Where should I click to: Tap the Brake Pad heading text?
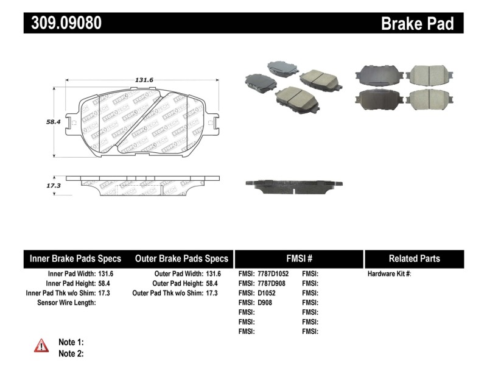click(x=417, y=23)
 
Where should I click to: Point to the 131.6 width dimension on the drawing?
click(x=144, y=79)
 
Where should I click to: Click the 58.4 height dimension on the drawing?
click(x=54, y=122)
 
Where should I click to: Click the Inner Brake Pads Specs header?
click(x=75, y=258)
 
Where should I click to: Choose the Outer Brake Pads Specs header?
click(x=181, y=258)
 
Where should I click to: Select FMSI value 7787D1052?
click(x=273, y=274)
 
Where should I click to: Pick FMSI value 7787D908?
click(x=270, y=284)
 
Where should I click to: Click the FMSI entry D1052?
click(x=267, y=293)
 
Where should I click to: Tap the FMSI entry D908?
click(x=264, y=303)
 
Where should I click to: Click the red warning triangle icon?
click(x=41, y=346)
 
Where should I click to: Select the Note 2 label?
click(x=71, y=353)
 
